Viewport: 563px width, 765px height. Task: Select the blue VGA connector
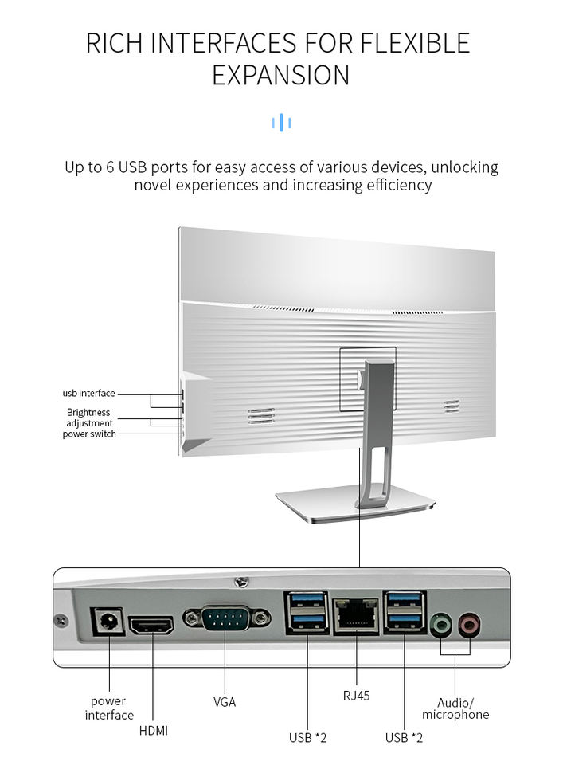pyautogui.click(x=226, y=618)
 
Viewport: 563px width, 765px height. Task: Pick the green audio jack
pyautogui.click(x=440, y=623)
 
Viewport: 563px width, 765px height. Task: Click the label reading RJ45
pyautogui.click(x=356, y=696)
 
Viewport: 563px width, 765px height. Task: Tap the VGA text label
pyautogui.click(x=225, y=702)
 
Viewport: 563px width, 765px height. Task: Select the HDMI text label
pyautogui.click(x=153, y=730)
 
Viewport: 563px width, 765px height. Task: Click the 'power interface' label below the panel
pyautogui.click(x=109, y=708)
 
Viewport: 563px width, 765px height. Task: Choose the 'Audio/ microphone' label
pyautogui.click(x=455, y=708)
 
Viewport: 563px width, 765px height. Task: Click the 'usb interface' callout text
pyautogui.click(x=88, y=393)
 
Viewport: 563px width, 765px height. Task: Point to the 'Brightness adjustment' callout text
pyautogui.click(x=89, y=418)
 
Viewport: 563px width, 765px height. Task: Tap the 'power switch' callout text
pyautogui.click(x=89, y=433)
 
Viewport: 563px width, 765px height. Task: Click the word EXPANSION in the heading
pyautogui.click(x=281, y=75)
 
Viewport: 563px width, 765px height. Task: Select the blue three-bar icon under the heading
pyautogui.click(x=281, y=122)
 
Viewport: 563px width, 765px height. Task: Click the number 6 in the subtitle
pyautogui.click(x=109, y=167)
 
